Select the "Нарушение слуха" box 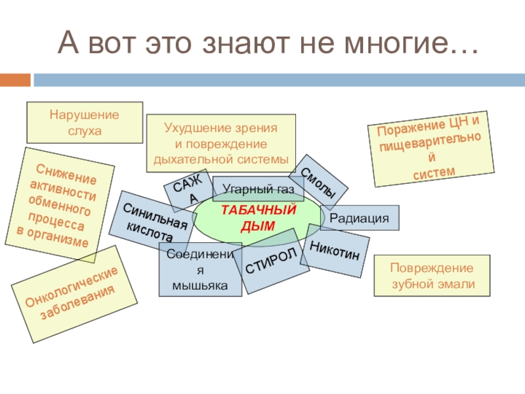[x=85, y=123]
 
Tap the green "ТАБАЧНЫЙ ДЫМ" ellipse [x=258, y=217]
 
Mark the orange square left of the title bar [x=14, y=80]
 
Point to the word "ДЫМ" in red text [x=258, y=225]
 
